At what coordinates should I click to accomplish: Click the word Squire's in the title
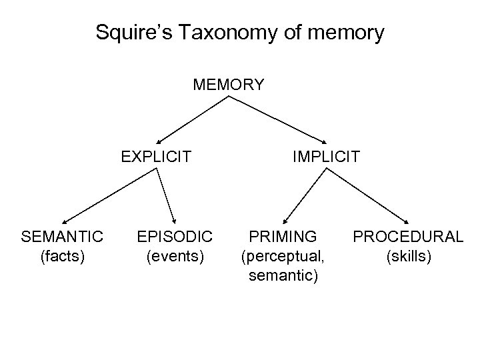click(129, 33)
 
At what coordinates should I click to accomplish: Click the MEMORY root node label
click(229, 85)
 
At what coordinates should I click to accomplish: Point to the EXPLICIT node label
click(156, 157)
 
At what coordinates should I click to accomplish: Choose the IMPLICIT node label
click(326, 157)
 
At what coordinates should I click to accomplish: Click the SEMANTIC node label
click(62, 236)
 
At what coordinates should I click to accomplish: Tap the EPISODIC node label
click(175, 236)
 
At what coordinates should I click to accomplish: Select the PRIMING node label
click(283, 236)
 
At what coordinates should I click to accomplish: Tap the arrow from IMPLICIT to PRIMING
click(305, 195)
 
